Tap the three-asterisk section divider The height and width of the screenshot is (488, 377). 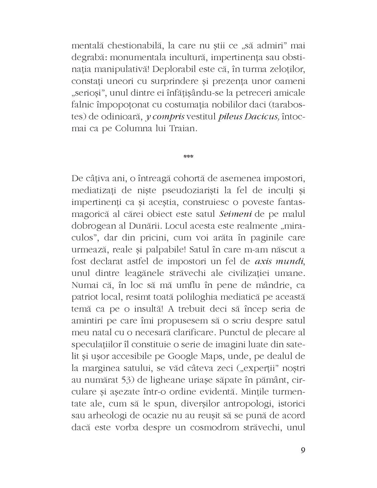188,157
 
